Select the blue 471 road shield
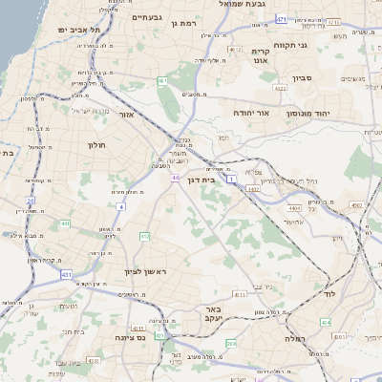pyautogui.click(x=280, y=18)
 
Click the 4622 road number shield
pyautogui.click(x=281, y=88)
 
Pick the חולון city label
pyautogui.click(x=97, y=145)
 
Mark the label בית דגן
pyautogui.click(x=222, y=180)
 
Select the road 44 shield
pyautogui.click(x=175, y=179)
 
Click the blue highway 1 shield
pyautogui.click(x=231, y=179)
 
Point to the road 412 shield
pyautogui.click(x=145, y=236)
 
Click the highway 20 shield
pyautogui.click(x=30, y=202)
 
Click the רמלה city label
pyautogui.click(x=286, y=337)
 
